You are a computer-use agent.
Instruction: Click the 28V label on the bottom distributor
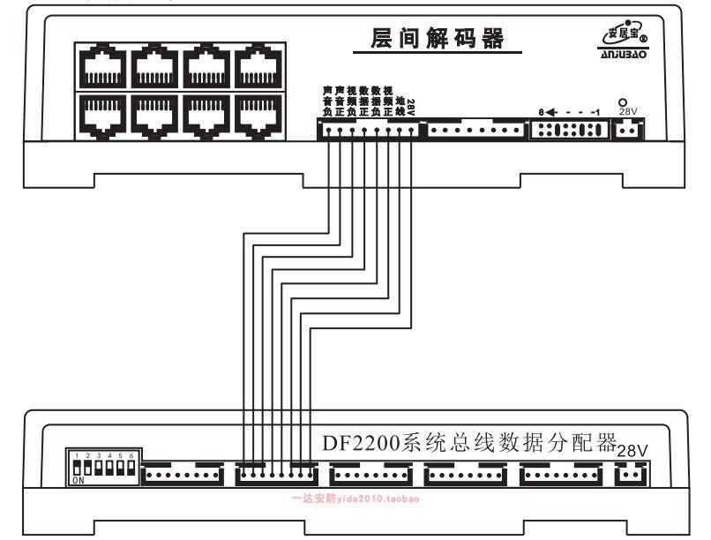coord(632,450)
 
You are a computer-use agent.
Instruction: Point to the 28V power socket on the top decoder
coord(627,130)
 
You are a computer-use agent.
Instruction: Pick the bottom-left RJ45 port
coord(104,113)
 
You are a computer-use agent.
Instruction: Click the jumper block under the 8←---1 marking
coord(569,130)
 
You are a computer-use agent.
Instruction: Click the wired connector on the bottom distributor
coord(275,474)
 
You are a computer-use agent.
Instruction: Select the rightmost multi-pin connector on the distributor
coord(559,474)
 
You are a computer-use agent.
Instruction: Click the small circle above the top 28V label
coord(623,102)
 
